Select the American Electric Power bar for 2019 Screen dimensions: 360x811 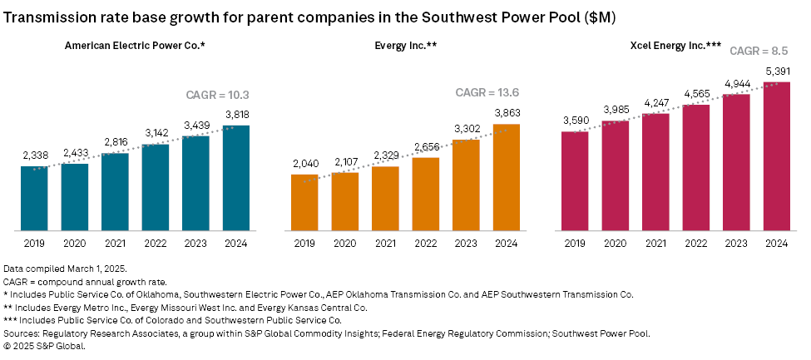(x=34, y=198)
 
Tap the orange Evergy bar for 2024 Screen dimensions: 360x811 (x=506, y=177)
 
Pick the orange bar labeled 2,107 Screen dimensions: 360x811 (x=344, y=201)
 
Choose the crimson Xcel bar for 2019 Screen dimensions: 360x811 (x=575, y=180)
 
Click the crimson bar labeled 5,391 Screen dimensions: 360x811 (x=776, y=155)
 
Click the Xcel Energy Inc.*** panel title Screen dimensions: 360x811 (x=675, y=45)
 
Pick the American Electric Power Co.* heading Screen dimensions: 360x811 (x=135, y=45)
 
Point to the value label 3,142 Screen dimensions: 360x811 (x=156, y=132)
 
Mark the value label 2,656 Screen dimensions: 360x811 (x=425, y=145)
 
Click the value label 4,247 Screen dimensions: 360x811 (x=655, y=102)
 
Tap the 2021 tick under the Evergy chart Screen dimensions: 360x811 (x=385, y=244)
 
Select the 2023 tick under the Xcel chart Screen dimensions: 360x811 (x=736, y=244)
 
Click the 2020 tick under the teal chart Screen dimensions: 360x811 (x=75, y=244)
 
